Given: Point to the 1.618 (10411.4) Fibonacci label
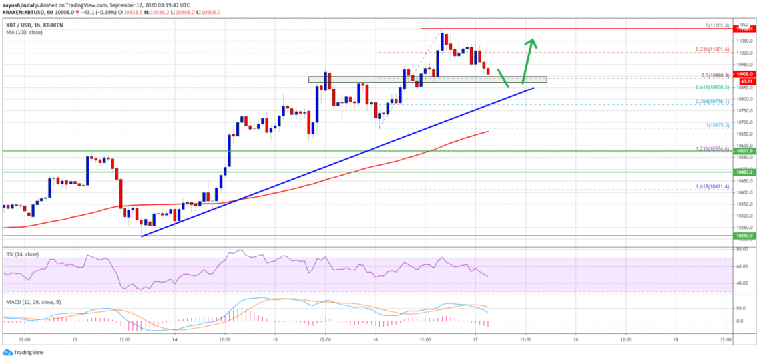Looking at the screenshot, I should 713,189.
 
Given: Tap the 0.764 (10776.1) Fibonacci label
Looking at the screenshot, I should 713,101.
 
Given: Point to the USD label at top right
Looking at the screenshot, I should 745,24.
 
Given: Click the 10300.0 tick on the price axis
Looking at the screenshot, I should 744,216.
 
